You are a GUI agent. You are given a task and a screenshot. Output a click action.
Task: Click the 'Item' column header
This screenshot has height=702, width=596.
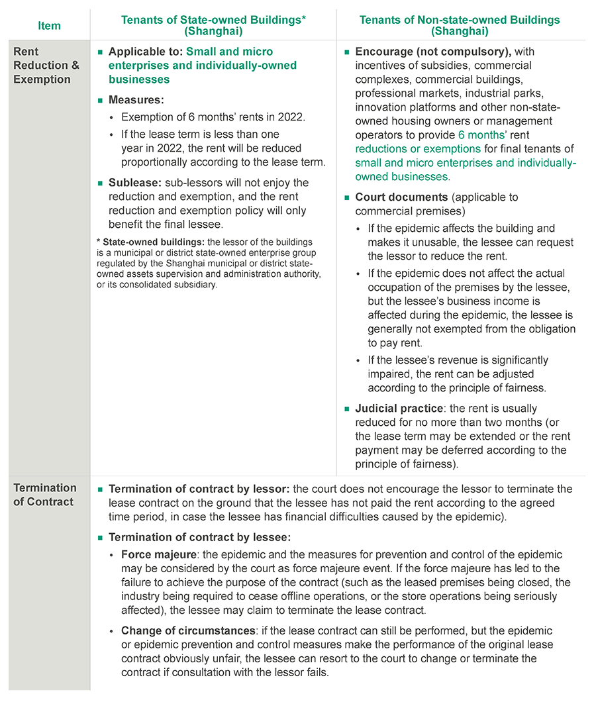[x=49, y=26]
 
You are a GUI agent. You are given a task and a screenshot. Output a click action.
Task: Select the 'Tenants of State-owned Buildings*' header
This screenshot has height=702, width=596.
[x=213, y=20]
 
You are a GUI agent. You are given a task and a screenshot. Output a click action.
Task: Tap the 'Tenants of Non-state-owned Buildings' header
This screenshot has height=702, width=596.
[x=460, y=20]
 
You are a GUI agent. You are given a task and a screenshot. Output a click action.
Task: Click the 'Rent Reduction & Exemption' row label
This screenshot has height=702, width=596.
[x=42, y=66]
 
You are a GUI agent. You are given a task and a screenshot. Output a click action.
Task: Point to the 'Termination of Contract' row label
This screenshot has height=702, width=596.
[x=44, y=495]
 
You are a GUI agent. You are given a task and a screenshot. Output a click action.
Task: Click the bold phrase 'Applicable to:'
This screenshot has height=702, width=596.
[x=146, y=52]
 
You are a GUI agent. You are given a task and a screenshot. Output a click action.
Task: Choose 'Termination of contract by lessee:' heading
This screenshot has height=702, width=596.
[x=199, y=538]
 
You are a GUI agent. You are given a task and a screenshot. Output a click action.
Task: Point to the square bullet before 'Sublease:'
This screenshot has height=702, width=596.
[x=101, y=183]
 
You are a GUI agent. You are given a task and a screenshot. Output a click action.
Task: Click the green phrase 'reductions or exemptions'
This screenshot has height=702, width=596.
[x=418, y=149]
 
